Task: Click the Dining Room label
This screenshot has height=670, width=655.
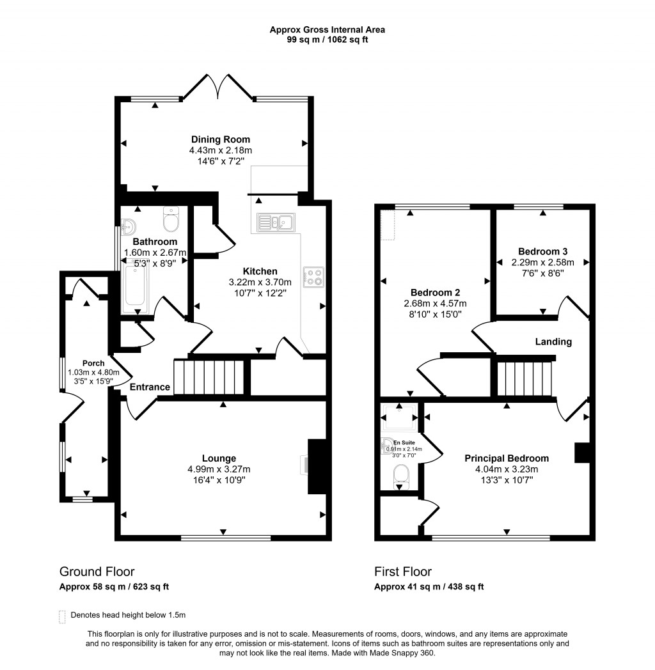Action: pos(221,139)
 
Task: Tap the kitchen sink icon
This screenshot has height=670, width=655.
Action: pos(276,222)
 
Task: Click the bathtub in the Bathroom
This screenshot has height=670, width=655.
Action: pos(135,286)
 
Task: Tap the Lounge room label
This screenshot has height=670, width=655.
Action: pos(219,458)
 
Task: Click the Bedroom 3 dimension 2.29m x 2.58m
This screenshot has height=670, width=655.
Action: pos(542,262)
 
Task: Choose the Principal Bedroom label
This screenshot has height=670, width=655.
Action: pos(506,458)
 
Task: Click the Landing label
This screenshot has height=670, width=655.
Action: pos(553,342)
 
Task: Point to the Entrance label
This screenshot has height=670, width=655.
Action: pos(150,387)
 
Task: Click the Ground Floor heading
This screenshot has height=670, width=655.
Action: pos(97,572)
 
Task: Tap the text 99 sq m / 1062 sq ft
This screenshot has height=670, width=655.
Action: pos(327,40)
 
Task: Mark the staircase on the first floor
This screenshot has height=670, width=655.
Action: pos(524,379)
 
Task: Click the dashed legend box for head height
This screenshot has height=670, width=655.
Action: pos(62,616)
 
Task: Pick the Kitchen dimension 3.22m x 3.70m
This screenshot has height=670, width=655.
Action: pos(259,282)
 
